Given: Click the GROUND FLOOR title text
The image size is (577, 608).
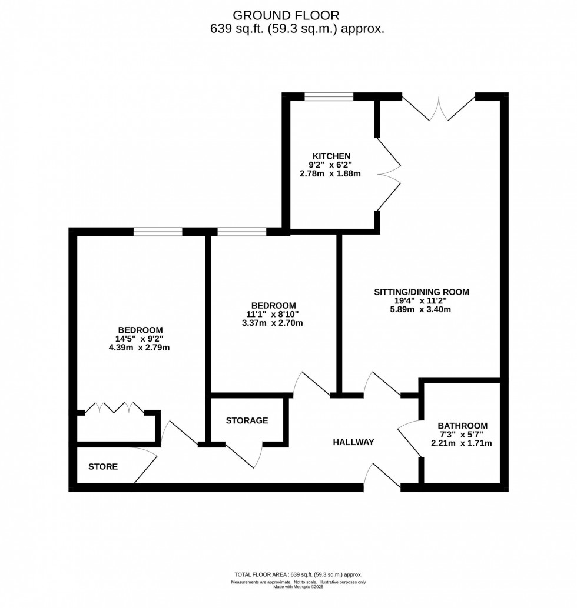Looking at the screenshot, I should [x=286, y=14].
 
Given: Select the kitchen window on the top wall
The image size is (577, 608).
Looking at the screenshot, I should [x=329, y=97].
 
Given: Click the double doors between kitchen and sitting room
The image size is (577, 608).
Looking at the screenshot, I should [x=387, y=174].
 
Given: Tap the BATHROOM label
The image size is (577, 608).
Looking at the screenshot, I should [x=462, y=426].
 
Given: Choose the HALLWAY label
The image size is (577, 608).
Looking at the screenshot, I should [x=353, y=442].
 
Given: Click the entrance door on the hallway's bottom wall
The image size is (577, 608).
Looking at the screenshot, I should [x=381, y=476].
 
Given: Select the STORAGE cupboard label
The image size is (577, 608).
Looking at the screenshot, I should [x=247, y=420].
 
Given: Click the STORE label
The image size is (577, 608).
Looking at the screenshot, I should [x=103, y=467].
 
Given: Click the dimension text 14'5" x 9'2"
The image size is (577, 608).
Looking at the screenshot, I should [x=140, y=339].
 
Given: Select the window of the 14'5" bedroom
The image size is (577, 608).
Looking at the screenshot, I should [x=158, y=232].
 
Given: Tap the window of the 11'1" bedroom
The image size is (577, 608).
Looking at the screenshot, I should [x=241, y=232].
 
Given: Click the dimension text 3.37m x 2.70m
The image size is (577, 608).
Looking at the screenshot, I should [x=273, y=323].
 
